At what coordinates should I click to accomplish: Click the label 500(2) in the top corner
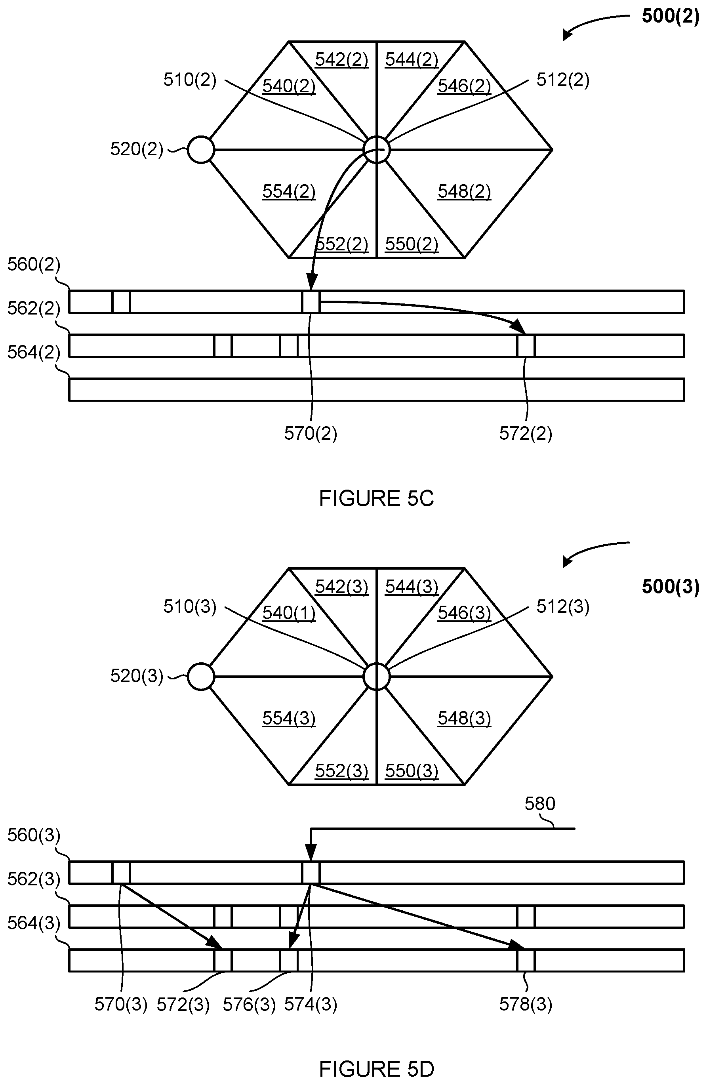pos(670,16)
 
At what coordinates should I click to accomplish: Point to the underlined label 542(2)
pos(341,60)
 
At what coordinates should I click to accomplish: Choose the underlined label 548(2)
pos(465,191)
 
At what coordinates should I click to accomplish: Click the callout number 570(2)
pos(311,433)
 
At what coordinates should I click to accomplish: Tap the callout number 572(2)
pos(526,433)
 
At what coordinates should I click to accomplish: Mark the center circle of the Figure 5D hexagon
pos(377,677)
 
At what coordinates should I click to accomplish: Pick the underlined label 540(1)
pos(289,613)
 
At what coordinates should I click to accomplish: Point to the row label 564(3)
pos(34,923)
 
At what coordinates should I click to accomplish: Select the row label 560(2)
pos(34,264)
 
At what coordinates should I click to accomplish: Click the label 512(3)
pos(563,607)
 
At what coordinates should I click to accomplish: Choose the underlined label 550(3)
pos(412,771)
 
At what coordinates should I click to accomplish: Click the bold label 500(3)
pos(670,587)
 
